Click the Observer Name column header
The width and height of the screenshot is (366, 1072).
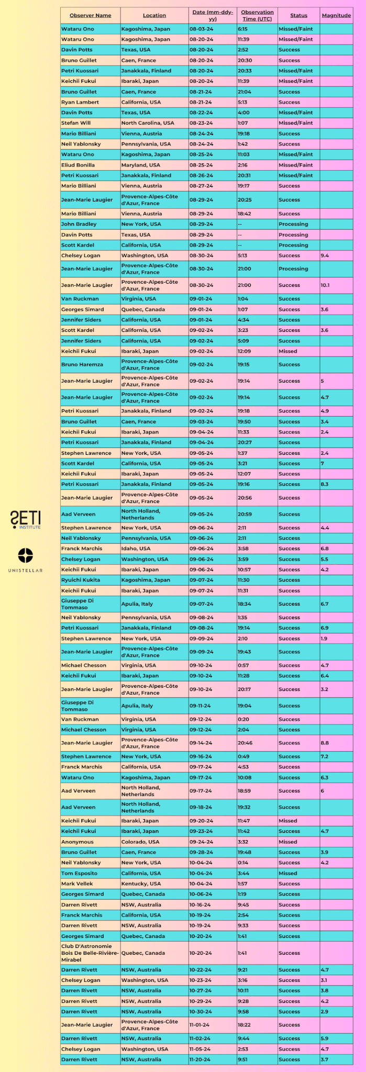(x=90, y=15)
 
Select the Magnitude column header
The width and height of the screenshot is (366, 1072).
(x=336, y=15)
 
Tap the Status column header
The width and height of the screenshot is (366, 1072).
(x=298, y=15)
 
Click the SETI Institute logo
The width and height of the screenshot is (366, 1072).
(x=25, y=519)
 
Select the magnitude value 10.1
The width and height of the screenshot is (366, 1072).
(x=325, y=285)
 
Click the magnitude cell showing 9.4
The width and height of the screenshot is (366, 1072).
(x=325, y=255)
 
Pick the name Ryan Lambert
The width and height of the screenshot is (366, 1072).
(x=80, y=102)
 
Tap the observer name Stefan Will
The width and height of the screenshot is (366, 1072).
(x=76, y=123)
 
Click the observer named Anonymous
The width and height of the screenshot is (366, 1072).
(x=77, y=842)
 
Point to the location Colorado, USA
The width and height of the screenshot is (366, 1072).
(x=140, y=842)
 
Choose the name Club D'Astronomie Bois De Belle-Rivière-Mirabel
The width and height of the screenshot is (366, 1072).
(x=90, y=953)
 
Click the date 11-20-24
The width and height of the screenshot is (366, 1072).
(x=200, y=1059)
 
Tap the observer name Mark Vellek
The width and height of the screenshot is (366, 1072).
(x=77, y=884)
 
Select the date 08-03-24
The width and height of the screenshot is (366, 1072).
(x=201, y=29)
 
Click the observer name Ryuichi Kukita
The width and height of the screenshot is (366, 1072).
(x=81, y=580)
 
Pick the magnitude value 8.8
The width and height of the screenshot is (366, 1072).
(x=325, y=743)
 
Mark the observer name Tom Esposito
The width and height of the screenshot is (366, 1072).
(x=79, y=873)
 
